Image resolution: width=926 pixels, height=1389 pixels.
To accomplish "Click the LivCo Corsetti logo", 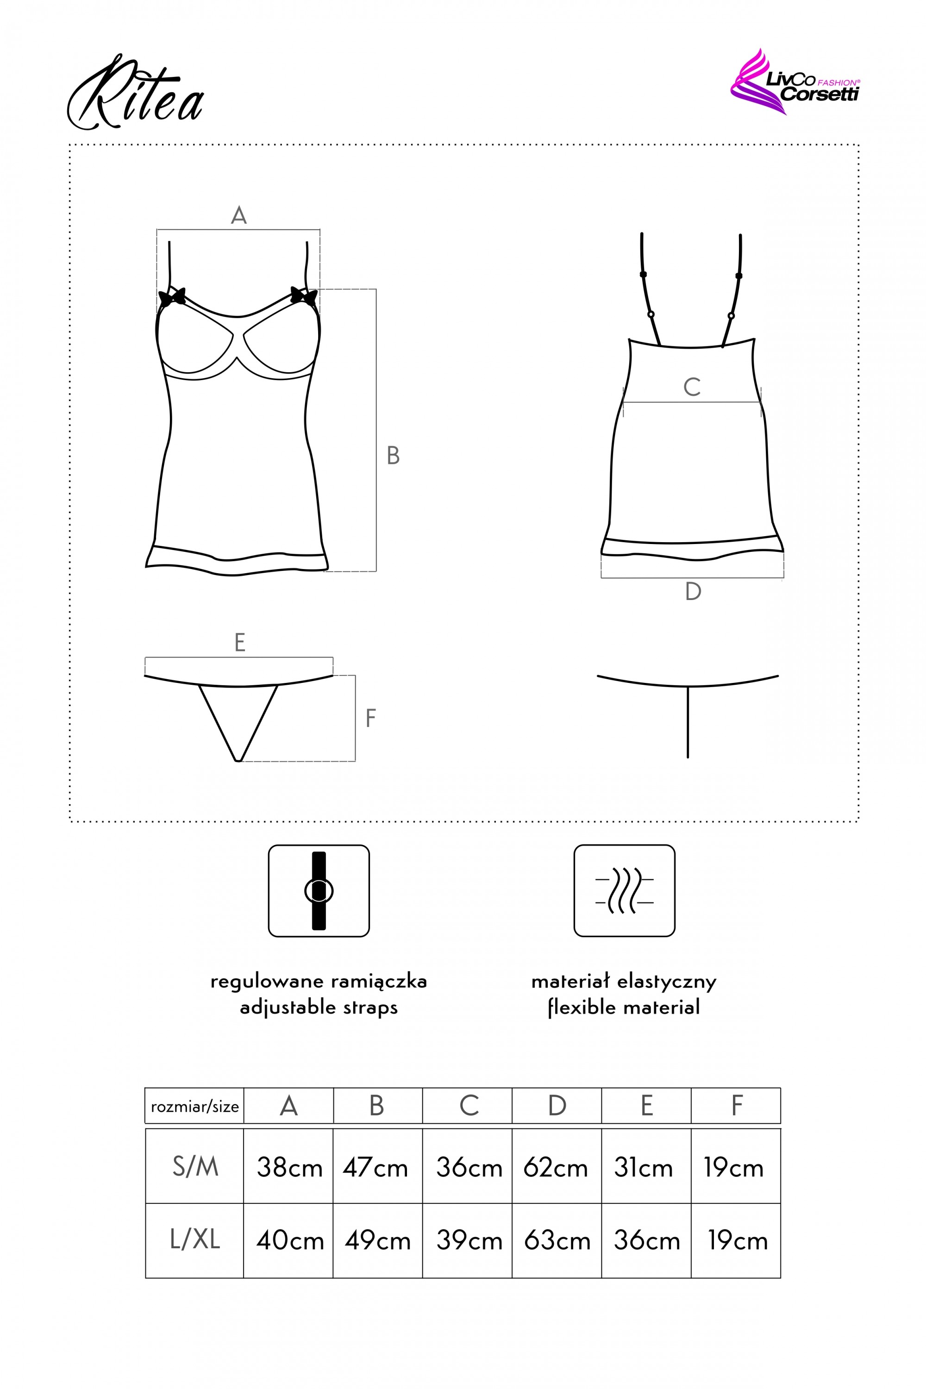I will tap(795, 83).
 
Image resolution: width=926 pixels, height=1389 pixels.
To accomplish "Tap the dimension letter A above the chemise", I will tap(238, 216).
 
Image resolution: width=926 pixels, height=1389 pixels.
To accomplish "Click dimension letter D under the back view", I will tap(693, 592).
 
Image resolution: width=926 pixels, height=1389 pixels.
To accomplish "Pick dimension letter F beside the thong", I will tap(370, 719).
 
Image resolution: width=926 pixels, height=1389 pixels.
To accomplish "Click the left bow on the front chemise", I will tap(172, 296).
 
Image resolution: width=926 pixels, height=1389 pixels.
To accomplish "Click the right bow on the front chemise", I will tap(304, 295).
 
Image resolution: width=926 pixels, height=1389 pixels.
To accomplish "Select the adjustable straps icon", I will tap(319, 890).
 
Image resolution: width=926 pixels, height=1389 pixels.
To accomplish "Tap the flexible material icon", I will tap(624, 890).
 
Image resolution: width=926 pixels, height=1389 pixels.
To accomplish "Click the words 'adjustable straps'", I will tap(319, 1007).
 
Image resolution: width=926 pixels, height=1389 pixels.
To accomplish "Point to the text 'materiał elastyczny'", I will tap(624, 982).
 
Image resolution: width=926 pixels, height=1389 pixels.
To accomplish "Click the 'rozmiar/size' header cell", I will tap(194, 1106).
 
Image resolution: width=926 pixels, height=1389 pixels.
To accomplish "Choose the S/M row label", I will tap(195, 1167).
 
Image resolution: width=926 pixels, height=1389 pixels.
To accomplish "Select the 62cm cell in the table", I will tap(556, 1168).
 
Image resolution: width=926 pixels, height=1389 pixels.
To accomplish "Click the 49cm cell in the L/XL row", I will tap(377, 1240).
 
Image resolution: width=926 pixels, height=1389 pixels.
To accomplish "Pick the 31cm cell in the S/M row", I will tap(643, 1168).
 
